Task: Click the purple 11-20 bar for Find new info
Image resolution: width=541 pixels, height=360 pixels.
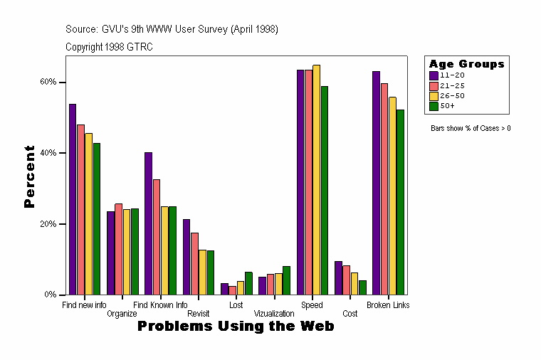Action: click(73, 199)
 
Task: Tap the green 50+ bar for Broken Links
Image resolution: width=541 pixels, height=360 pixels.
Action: click(400, 202)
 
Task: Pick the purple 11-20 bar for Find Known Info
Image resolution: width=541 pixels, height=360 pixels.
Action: click(148, 223)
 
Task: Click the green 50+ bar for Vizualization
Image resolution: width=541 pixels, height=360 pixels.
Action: click(286, 280)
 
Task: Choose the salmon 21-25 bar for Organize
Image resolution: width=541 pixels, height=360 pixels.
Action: click(118, 249)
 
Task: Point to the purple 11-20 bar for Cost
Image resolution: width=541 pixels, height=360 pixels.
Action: click(338, 277)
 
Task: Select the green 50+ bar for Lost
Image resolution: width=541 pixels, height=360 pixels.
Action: click(248, 283)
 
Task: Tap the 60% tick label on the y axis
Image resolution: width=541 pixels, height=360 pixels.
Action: click(48, 82)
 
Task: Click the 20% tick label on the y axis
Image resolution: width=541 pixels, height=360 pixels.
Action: click(48, 224)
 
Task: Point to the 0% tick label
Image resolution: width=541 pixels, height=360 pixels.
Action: click(50, 295)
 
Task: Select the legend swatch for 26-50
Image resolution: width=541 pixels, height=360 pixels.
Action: click(434, 95)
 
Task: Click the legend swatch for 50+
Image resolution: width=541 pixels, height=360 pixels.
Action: click(434, 105)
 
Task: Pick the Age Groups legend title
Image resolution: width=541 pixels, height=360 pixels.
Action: click(466, 64)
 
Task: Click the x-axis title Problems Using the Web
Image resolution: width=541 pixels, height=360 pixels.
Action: click(236, 327)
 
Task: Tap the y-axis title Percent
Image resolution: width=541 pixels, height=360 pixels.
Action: click(29, 176)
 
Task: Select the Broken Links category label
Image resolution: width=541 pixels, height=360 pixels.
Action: click(388, 305)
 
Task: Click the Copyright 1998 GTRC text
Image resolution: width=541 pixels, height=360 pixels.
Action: click(109, 47)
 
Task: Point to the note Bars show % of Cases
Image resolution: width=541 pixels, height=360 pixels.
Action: click(471, 129)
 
